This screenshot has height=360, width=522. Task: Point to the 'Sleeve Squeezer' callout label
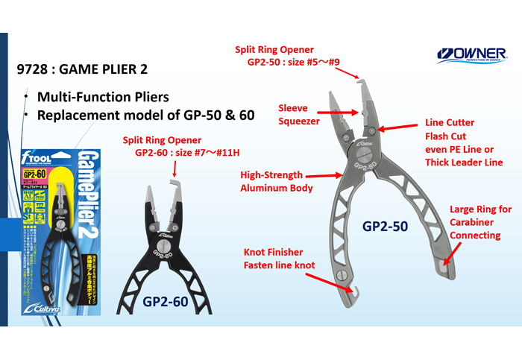click(x=298, y=115)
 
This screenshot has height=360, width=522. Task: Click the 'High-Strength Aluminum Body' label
click(x=275, y=182)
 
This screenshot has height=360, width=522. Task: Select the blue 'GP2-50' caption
click(x=385, y=225)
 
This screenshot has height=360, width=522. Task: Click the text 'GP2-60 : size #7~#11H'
click(x=186, y=154)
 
